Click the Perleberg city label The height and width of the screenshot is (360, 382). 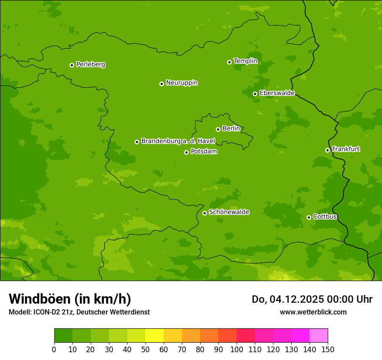pyautogui.click(x=90, y=65)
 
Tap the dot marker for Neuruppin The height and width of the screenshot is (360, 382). pyautogui.click(x=161, y=84)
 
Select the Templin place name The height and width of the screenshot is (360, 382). pyautogui.click(x=245, y=61)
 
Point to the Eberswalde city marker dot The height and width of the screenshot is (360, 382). pyautogui.click(x=255, y=94)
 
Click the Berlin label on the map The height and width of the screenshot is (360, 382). pyautogui.click(x=231, y=129)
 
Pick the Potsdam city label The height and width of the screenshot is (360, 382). pyautogui.click(x=204, y=152)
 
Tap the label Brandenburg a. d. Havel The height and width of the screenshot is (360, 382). pyautogui.click(x=178, y=141)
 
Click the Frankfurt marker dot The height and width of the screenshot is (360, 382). pyautogui.click(x=327, y=150)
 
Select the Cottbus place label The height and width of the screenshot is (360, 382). pyautogui.click(x=325, y=217)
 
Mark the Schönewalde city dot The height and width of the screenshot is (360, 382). pyautogui.click(x=204, y=213)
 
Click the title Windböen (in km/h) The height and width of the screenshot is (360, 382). pyautogui.click(x=69, y=299)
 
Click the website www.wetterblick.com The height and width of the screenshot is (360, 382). pyautogui.click(x=313, y=312)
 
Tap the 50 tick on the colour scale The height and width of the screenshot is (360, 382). pyautogui.click(x=145, y=349)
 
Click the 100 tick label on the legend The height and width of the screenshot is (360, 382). pyautogui.click(x=237, y=349)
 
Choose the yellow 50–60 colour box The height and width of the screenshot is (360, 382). pyautogui.click(x=155, y=335)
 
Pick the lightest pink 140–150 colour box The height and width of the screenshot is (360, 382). pyautogui.click(x=319, y=335)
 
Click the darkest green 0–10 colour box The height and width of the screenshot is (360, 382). pyautogui.click(x=63, y=335)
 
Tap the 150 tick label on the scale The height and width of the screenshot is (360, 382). pyautogui.click(x=328, y=349)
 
